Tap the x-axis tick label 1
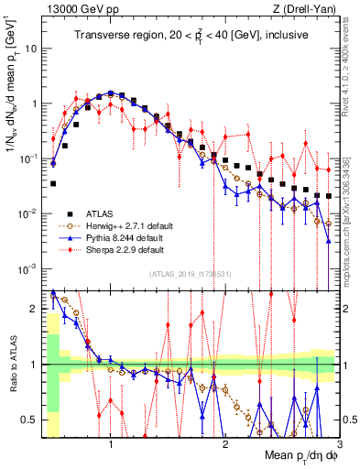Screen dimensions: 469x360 tap(111, 444)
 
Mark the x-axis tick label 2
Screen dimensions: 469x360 tap(224, 444)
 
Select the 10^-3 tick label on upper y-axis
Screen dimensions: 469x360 tap(29, 267)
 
